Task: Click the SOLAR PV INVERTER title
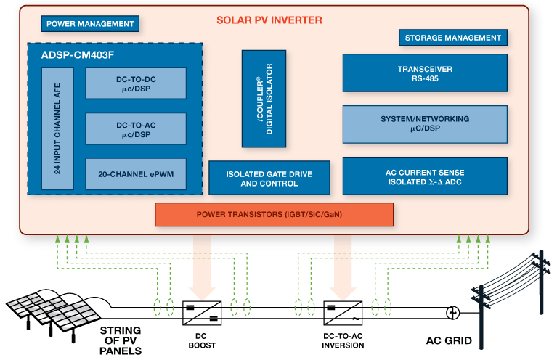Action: tap(269, 20)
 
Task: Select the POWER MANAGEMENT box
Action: tap(90, 23)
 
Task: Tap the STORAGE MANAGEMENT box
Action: tap(452, 38)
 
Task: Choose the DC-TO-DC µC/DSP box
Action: tap(136, 83)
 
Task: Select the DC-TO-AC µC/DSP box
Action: tap(136, 128)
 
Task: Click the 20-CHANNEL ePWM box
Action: tap(136, 174)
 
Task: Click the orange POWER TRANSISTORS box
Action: tap(274, 214)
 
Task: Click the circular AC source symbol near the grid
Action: tap(452, 313)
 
